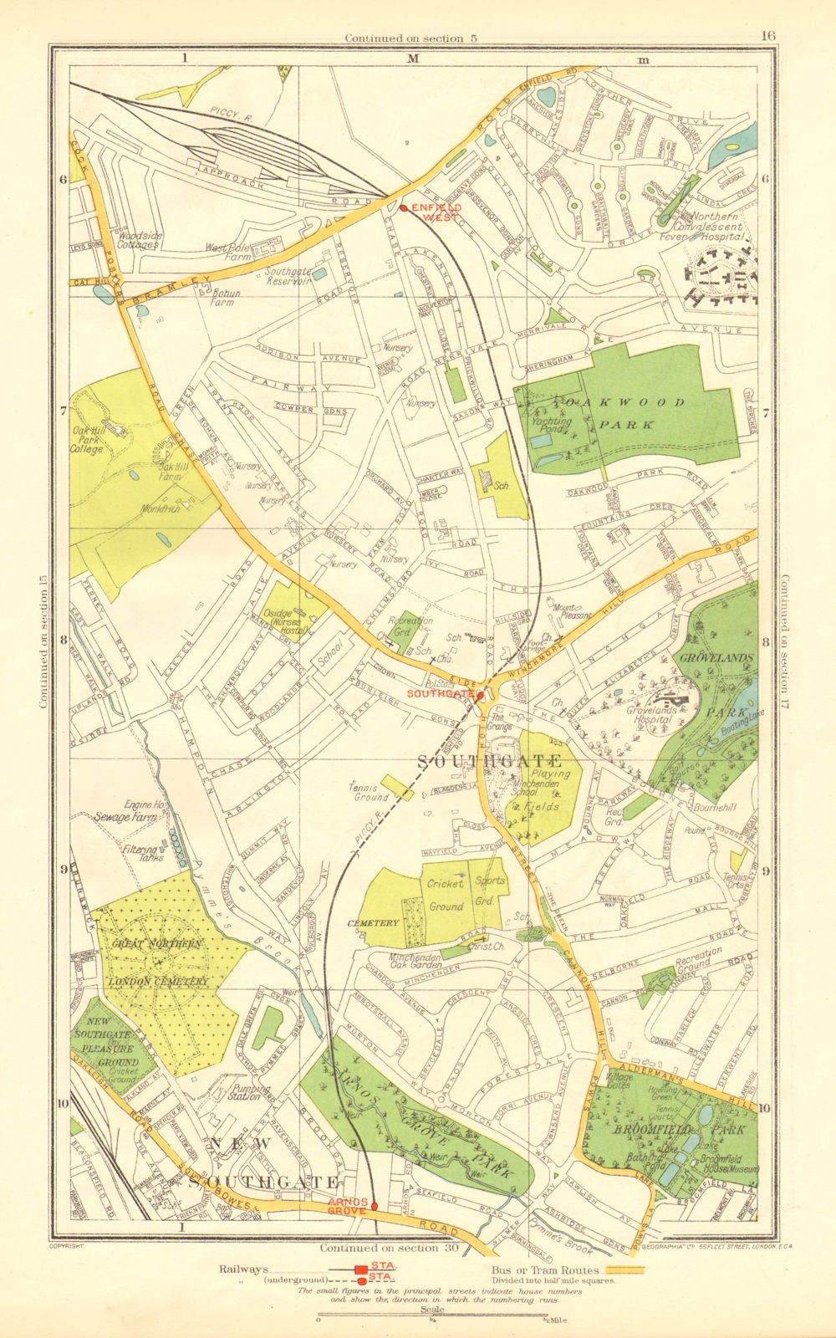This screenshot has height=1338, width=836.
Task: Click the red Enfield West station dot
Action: pyautogui.click(x=403, y=208)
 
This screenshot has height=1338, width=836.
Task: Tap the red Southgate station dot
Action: pyautogui.click(x=481, y=694)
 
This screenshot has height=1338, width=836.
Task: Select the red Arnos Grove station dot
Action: pyautogui.click(x=375, y=1206)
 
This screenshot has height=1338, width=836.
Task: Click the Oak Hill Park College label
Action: pyautogui.click(x=86, y=438)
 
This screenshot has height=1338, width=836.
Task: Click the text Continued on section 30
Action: pyautogui.click(x=390, y=1248)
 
